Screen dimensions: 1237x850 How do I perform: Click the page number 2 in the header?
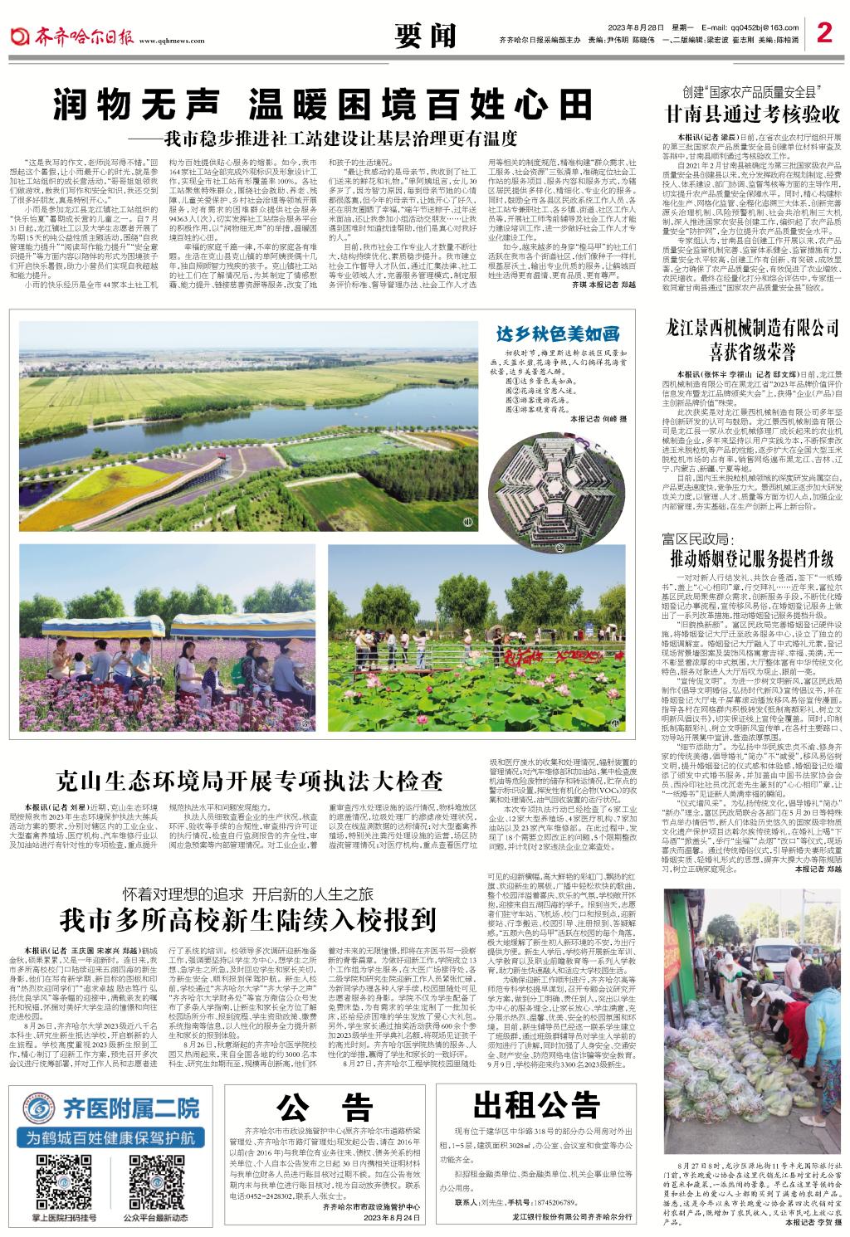click(x=823, y=33)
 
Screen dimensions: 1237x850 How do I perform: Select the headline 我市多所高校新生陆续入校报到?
click(x=247, y=920)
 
